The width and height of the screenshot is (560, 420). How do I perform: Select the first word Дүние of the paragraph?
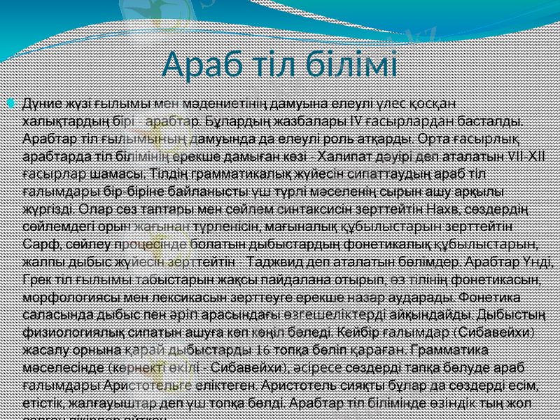41,104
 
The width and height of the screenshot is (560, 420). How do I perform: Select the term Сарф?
38,244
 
